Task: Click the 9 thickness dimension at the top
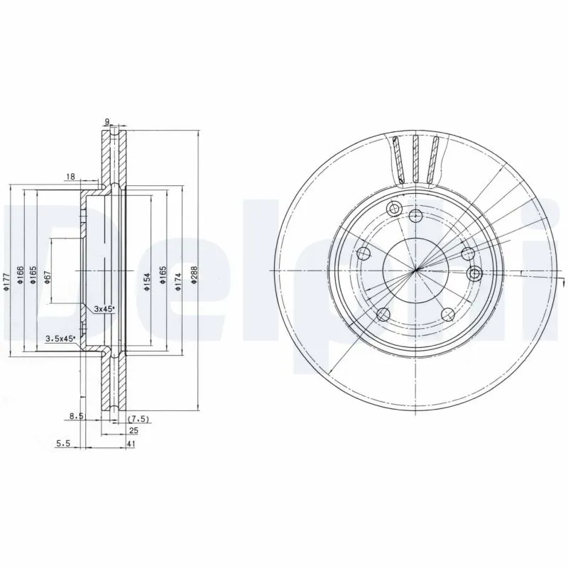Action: tap(107, 122)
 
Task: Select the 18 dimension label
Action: tap(70, 176)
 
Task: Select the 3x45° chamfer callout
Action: tap(104, 310)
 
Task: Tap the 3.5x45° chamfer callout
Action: tap(60, 338)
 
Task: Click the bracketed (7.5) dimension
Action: tap(137, 420)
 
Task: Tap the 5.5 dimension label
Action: tap(64, 444)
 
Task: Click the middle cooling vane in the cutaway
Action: tap(417, 160)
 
